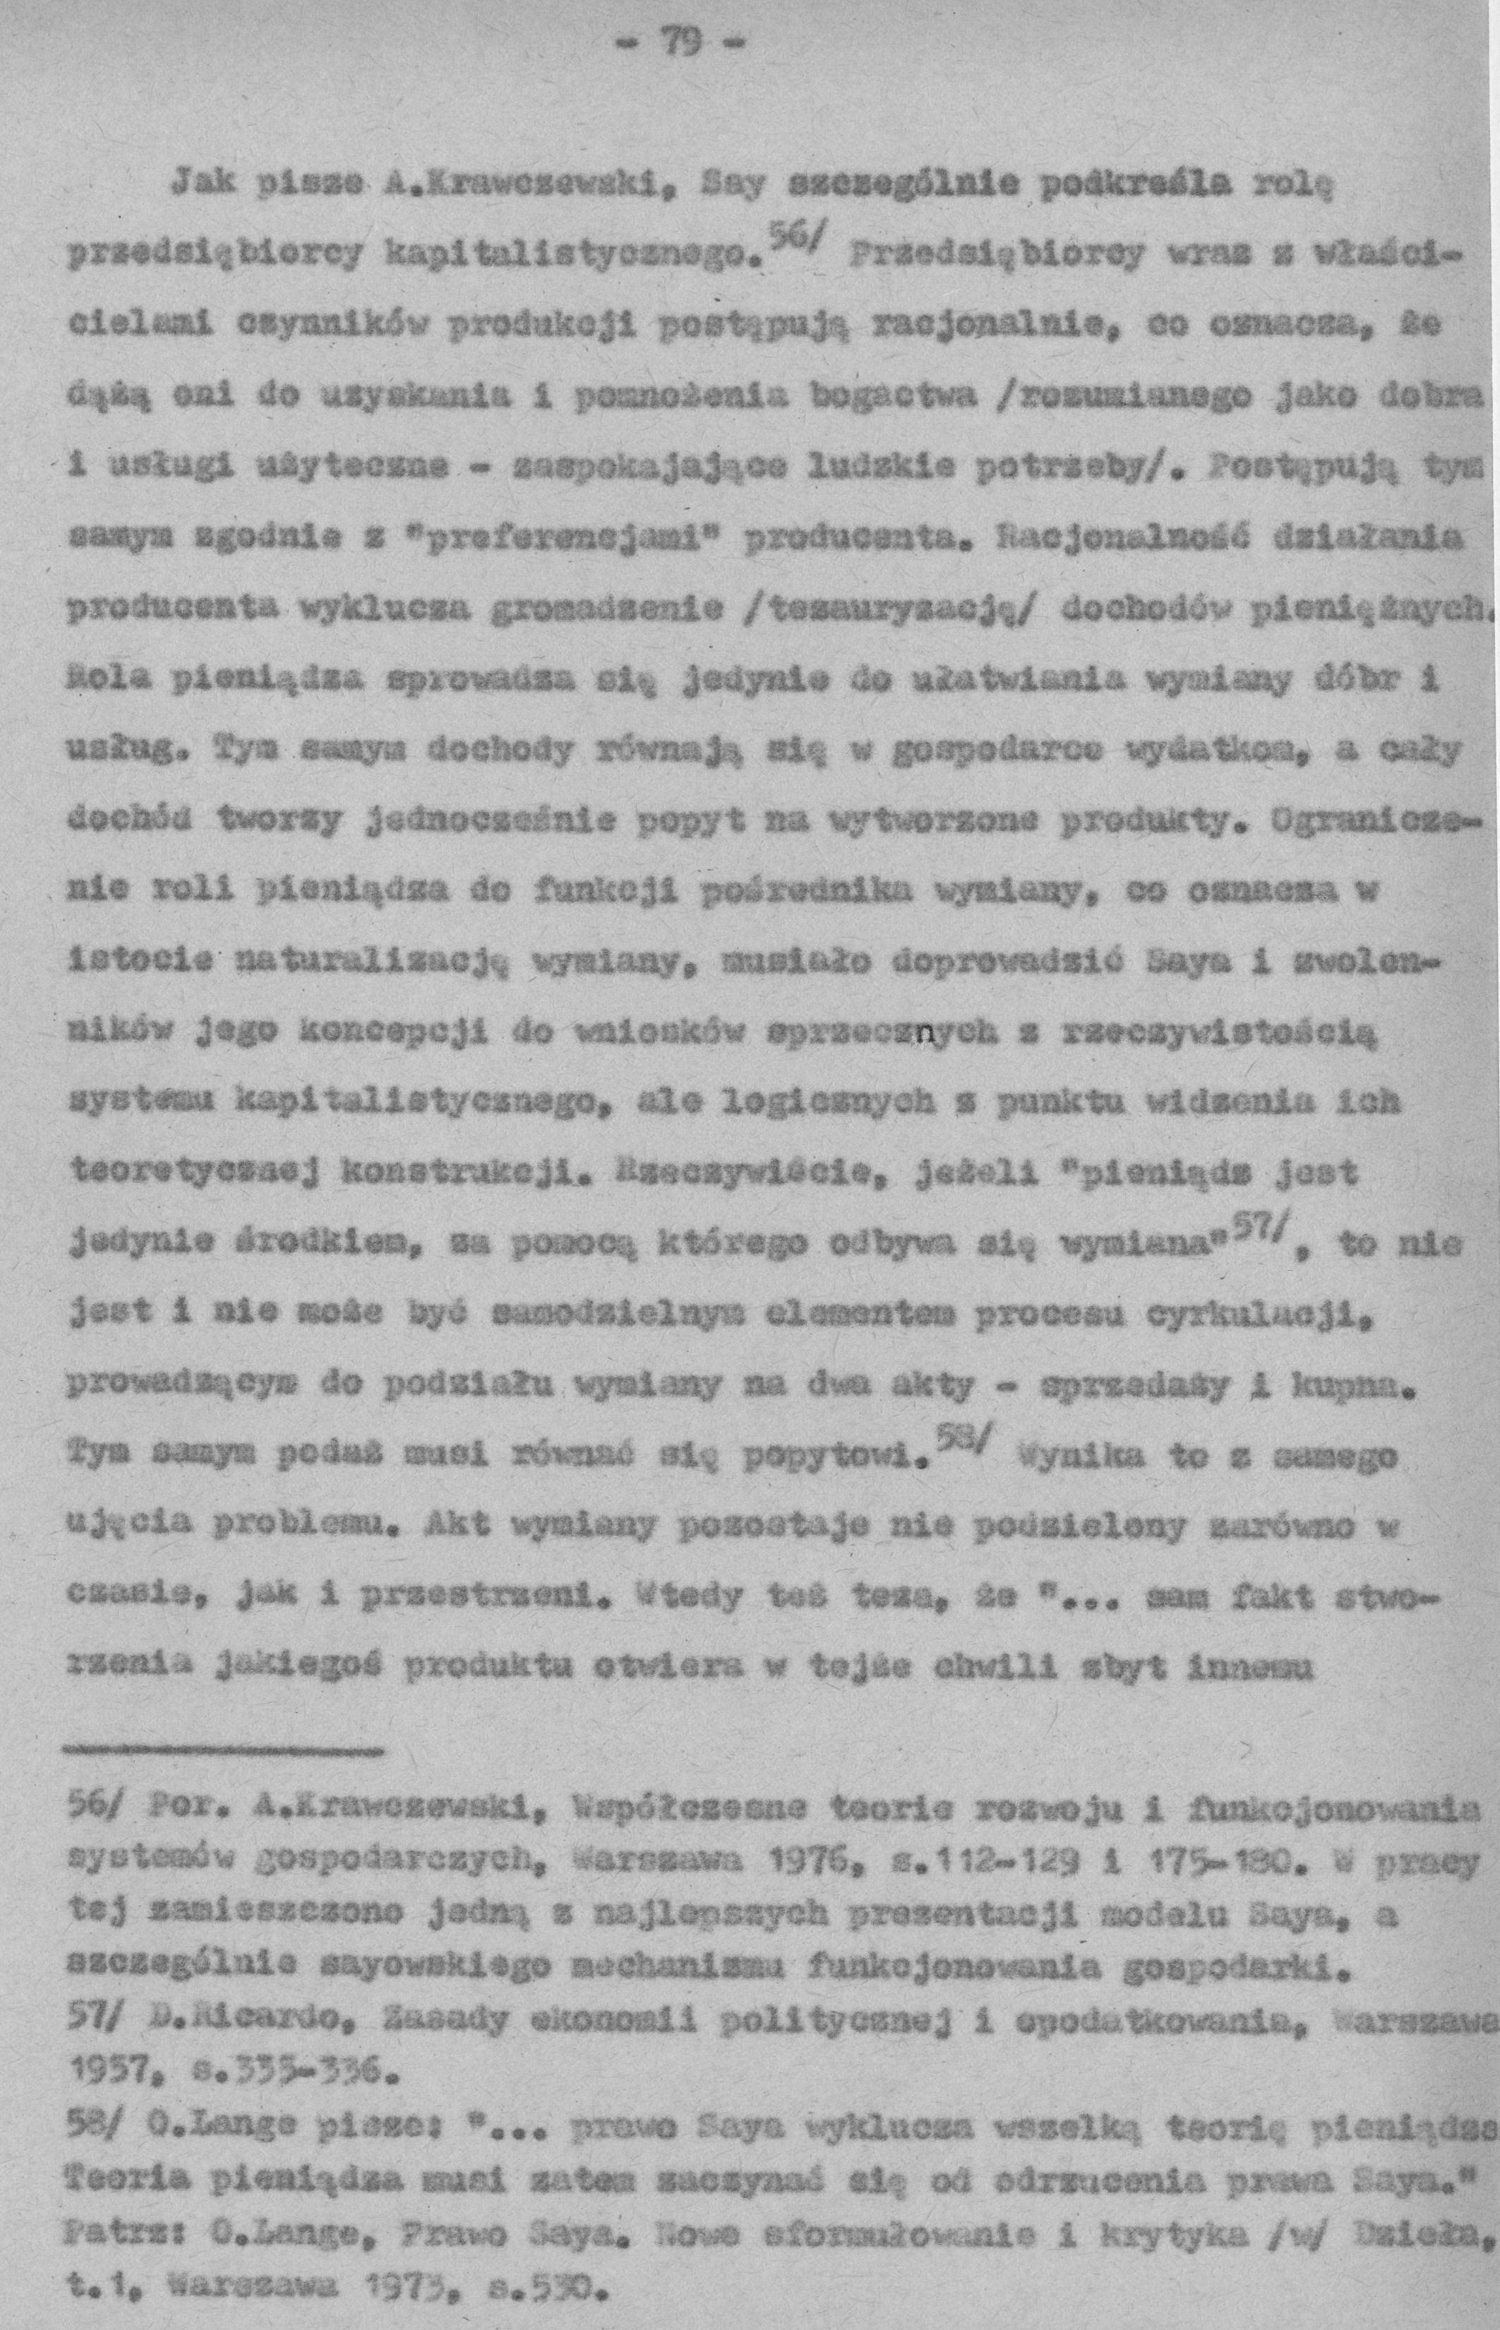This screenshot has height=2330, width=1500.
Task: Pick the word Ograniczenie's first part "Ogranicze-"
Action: [1374, 820]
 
